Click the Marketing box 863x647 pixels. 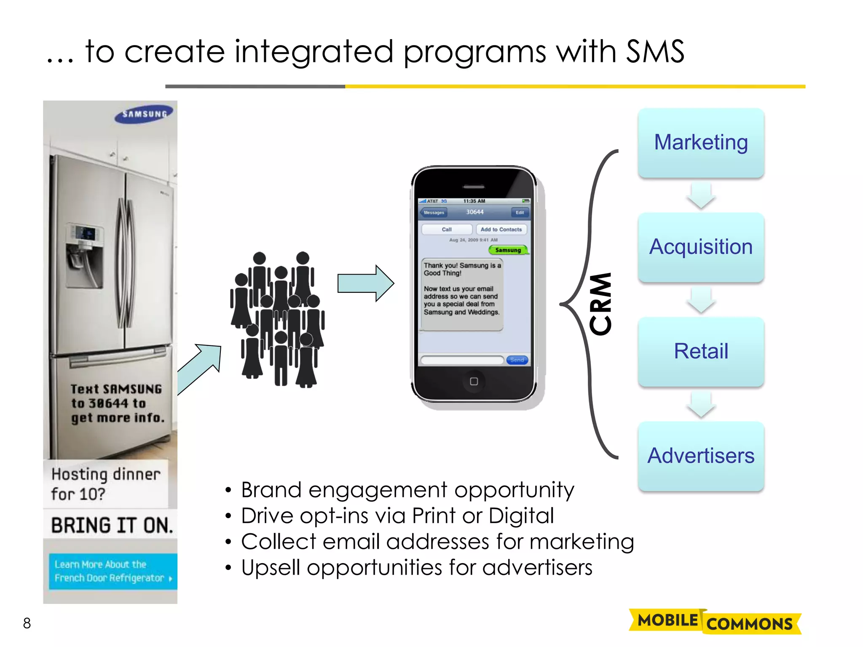click(701, 143)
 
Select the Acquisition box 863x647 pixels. click(701, 247)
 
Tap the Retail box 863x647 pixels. click(701, 352)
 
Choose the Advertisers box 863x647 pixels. click(701, 456)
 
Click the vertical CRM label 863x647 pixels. click(600, 304)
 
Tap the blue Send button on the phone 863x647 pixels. click(517, 360)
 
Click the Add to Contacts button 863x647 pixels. click(501, 230)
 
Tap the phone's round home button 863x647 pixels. click(474, 382)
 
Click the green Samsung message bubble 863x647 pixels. click(508, 250)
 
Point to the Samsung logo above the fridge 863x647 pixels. click(145, 114)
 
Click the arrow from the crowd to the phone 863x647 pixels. click(365, 283)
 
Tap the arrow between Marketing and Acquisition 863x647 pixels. click(701, 196)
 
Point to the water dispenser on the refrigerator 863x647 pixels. click(84, 249)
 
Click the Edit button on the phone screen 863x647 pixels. click(520, 213)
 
